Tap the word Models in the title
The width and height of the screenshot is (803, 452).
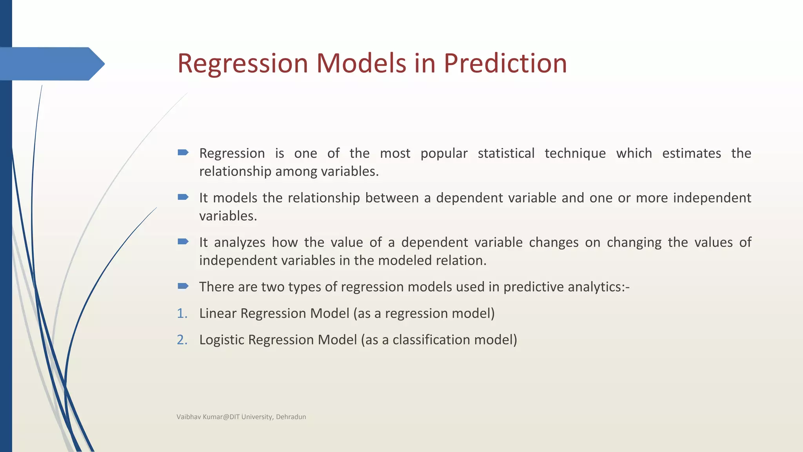[x=361, y=64]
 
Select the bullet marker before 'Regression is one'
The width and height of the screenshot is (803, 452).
[x=183, y=153]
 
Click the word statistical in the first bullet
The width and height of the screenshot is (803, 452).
[x=506, y=153]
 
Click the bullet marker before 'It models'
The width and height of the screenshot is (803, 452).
[x=183, y=197]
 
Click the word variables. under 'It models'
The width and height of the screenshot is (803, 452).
[x=228, y=216]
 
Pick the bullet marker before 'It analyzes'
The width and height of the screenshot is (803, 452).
[x=183, y=241]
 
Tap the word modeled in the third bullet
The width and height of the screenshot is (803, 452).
[x=405, y=261]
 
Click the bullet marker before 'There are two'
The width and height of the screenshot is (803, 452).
[x=183, y=286]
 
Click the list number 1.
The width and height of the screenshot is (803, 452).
[x=182, y=313]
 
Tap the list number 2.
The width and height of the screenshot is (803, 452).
[x=182, y=340]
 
